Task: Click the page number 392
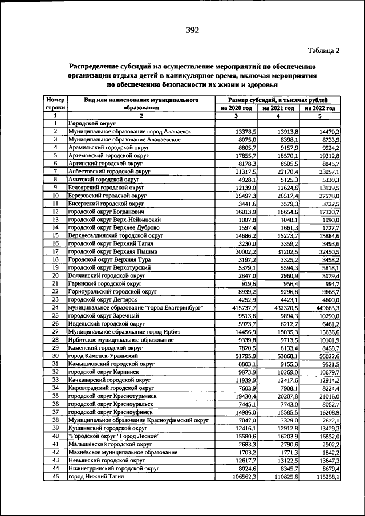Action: tap(192, 30)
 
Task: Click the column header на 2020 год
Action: tap(236, 108)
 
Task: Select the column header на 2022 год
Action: tap(320, 108)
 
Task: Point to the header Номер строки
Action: tap(55, 103)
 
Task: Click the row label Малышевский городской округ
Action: tap(109, 444)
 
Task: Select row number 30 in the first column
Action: tap(55, 355)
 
